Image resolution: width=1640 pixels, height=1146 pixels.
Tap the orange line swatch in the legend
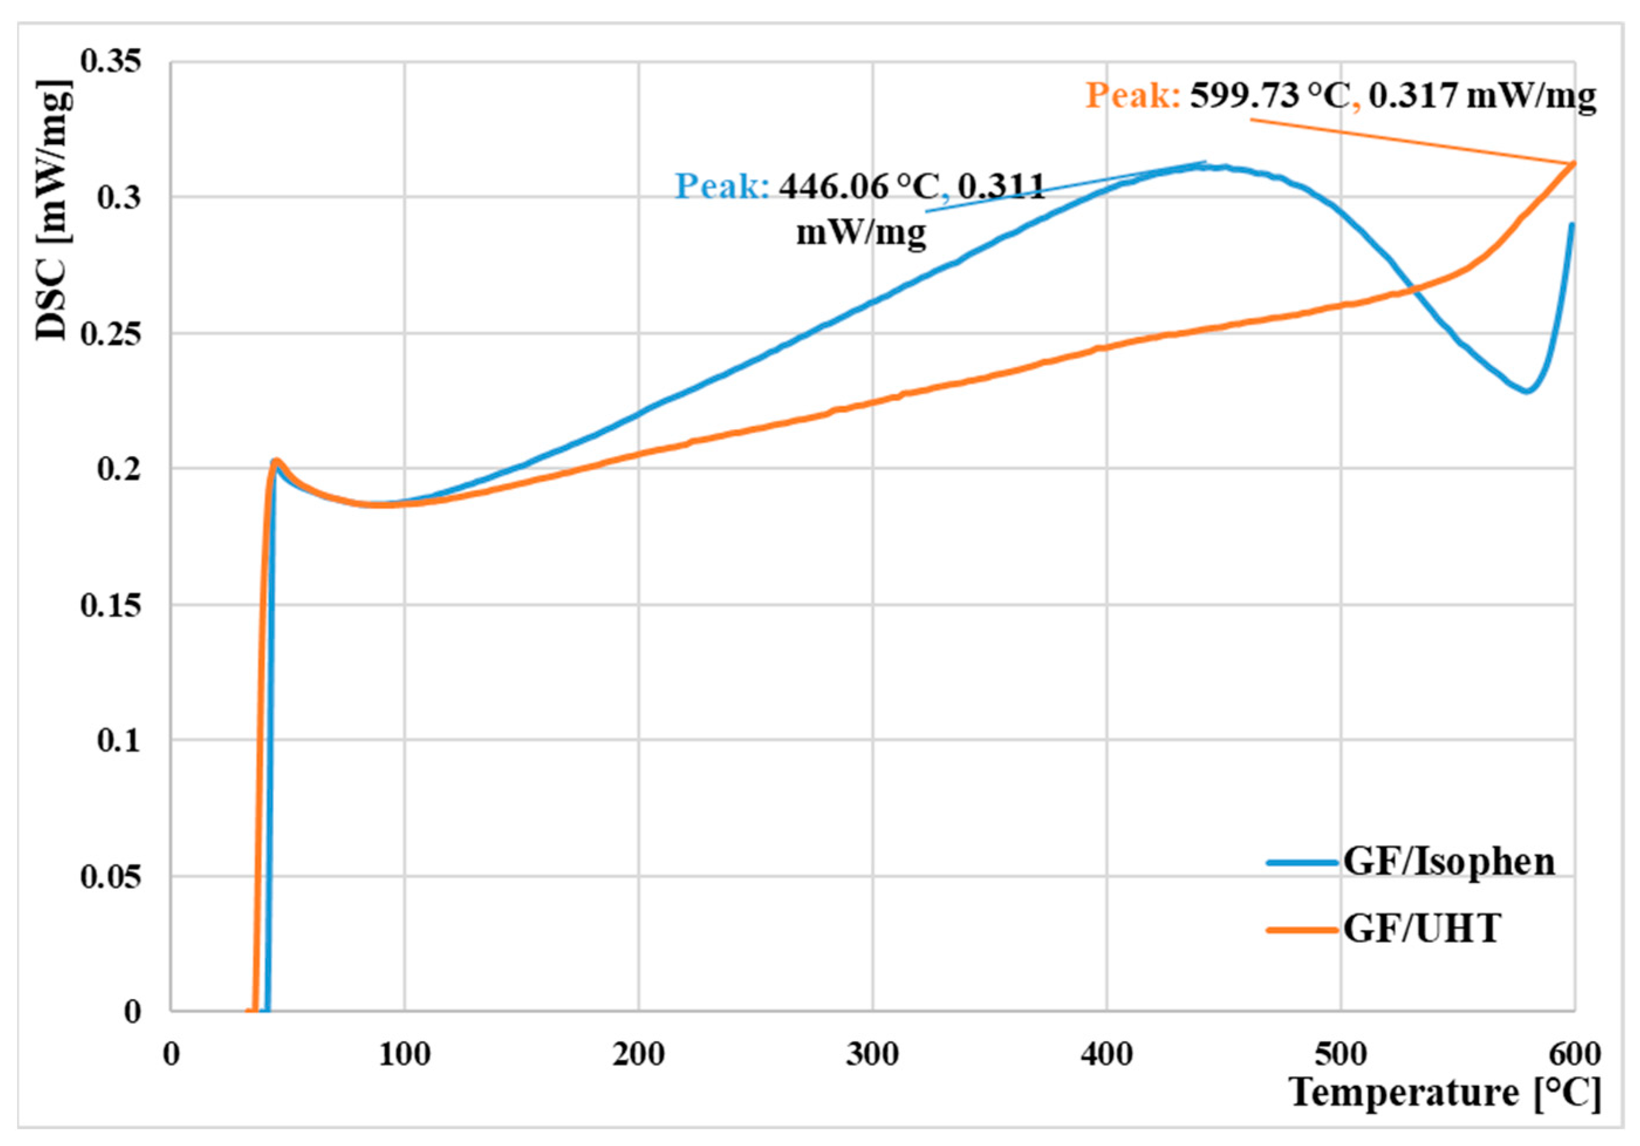point(1302,929)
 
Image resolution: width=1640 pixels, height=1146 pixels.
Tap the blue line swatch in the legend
point(1302,863)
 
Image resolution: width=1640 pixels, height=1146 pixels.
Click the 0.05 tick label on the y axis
point(111,877)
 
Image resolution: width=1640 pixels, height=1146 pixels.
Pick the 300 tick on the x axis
point(872,1055)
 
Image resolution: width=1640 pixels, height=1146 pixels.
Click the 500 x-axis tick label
point(1340,1055)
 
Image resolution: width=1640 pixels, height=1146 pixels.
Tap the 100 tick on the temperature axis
point(404,1055)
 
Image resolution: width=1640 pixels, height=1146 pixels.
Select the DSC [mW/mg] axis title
point(53,211)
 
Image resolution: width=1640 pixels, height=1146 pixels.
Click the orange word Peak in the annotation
point(1132,95)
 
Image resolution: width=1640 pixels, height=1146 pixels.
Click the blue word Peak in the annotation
point(721,186)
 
